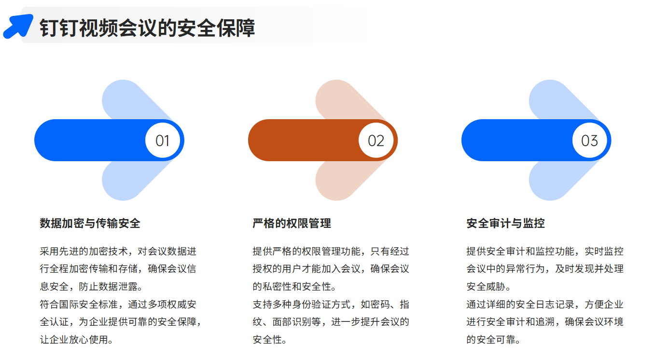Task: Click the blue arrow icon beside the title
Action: tap(18, 26)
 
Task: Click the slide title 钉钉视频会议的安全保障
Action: tap(147, 28)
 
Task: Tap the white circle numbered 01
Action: tap(163, 140)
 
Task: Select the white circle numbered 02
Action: tap(376, 140)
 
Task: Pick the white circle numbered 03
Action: tap(589, 140)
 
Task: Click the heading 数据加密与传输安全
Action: tap(90, 223)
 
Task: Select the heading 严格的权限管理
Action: tap(292, 223)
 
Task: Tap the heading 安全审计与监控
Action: tap(505, 223)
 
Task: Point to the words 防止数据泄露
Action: tap(108, 287)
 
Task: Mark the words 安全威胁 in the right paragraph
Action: tap(486, 287)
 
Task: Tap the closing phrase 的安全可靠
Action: tap(491, 340)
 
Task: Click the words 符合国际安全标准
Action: tap(79, 304)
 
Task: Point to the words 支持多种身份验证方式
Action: tap(302, 304)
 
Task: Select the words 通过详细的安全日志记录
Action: tap(520, 304)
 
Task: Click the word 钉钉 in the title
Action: tap(59, 28)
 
